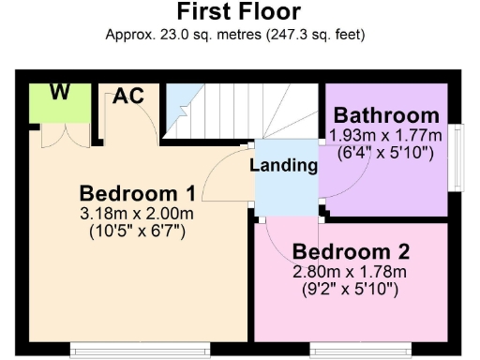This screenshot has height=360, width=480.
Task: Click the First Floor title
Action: (x=239, y=12)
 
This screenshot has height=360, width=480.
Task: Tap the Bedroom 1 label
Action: (x=137, y=194)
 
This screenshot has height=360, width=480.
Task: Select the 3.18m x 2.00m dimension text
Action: (x=137, y=214)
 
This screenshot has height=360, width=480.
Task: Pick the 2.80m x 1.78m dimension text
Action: (x=351, y=272)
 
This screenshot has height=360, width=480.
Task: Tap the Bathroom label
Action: (x=386, y=115)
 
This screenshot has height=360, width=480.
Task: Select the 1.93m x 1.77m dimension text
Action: (x=386, y=135)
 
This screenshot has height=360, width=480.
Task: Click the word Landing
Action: (x=283, y=166)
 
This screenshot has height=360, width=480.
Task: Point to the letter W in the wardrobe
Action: (x=59, y=92)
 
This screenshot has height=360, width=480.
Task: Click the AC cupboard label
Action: (x=128, y=95)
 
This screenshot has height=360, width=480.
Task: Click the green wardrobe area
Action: (x=58, y=105)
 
